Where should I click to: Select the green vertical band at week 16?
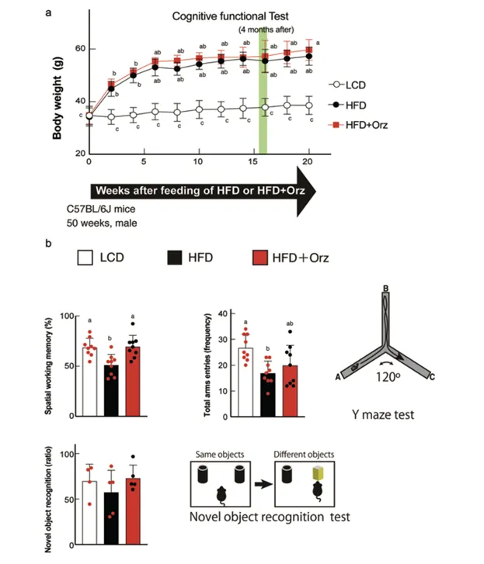[x=263, y=93]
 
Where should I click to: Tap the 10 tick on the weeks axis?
[x=199, y=161]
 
